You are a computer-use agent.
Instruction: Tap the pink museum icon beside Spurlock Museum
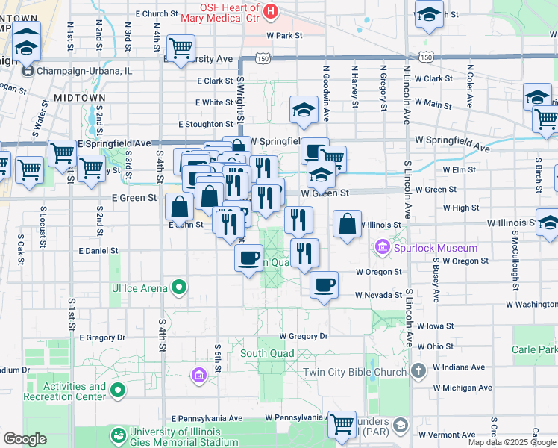tap(383, 246)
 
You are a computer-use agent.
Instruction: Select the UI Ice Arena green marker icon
tap(178, 286)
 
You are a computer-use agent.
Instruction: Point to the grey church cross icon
tap(418, 370)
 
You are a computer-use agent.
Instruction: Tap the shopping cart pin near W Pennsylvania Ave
tap(342, 424)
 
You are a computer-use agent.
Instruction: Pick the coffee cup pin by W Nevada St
tap(324, 284)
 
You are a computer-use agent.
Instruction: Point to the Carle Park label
tap(534, 349)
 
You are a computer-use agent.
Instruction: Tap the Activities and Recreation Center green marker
tap(117, 389)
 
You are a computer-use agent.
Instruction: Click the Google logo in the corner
tap(25, 439)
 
